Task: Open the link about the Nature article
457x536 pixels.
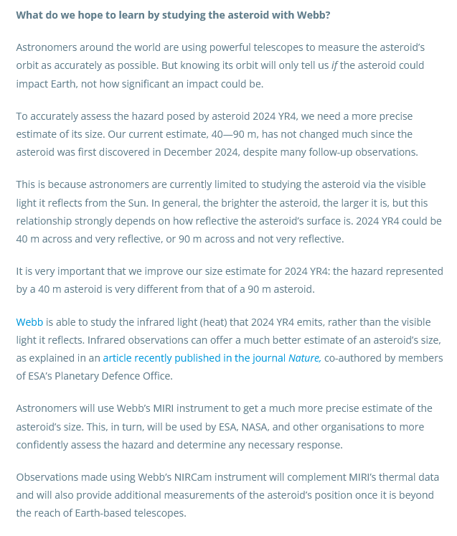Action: click(212, 357)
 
